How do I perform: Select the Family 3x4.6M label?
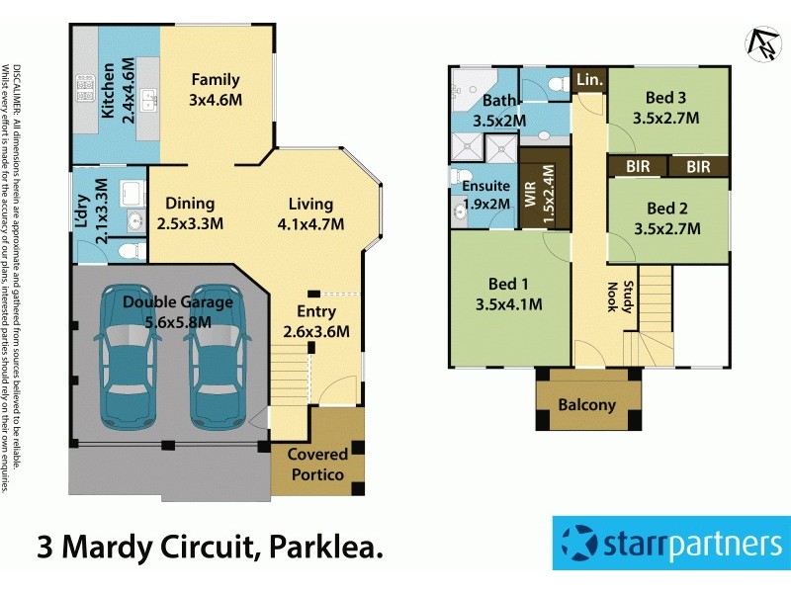(217, 89)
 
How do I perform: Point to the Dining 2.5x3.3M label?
(190, 213)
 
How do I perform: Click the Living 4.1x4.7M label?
(310, 213)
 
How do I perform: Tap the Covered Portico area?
(317, 465)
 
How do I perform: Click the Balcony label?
(586, 404)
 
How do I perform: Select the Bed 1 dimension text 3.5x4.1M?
(508, 303)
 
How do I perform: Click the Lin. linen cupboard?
(589, 79)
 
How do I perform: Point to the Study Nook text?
(612, 296)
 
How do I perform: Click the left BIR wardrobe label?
(638, 167)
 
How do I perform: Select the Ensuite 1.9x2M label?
(485, 195)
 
